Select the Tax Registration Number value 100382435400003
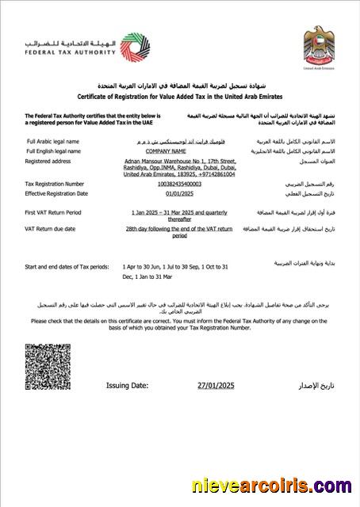pos(179,183)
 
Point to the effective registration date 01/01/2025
pos(179,193)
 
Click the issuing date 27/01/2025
pos(216,386)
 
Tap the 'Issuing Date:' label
pos(127,386)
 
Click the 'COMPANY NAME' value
pos(179,150)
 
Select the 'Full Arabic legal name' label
pos(52,139)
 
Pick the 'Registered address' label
pos(48,161)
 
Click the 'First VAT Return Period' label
pos(52,213)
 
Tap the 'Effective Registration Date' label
pos(56,193)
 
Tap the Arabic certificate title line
pos(179,85)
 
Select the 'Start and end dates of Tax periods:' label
pos(67,267)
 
